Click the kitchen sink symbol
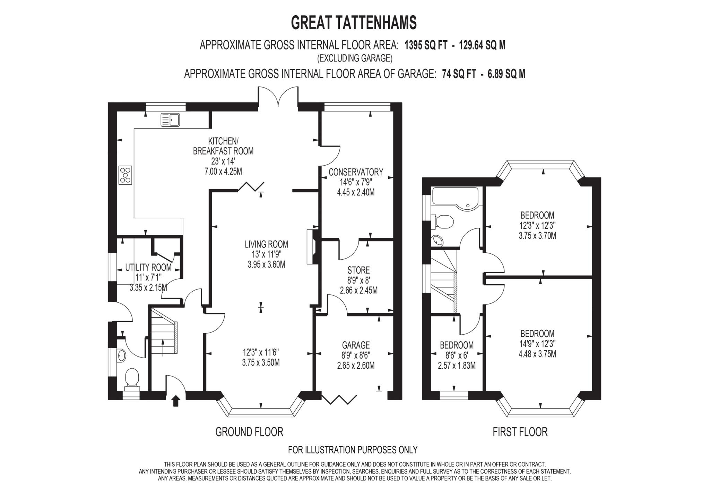click(170, 120)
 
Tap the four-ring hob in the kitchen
click(125, 175)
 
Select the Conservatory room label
click(356, 172)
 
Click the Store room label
click(358, 270)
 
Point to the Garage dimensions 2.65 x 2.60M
click(356, 366)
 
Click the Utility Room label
click(148, 268)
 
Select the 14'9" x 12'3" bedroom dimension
click(537, 344)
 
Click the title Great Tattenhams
click(354, 23)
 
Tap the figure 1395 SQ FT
click(426, 45)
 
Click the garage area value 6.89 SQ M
click(506, 74)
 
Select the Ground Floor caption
click(249, 432)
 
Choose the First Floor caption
click(520, 432)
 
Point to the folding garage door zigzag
click(339, 399)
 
